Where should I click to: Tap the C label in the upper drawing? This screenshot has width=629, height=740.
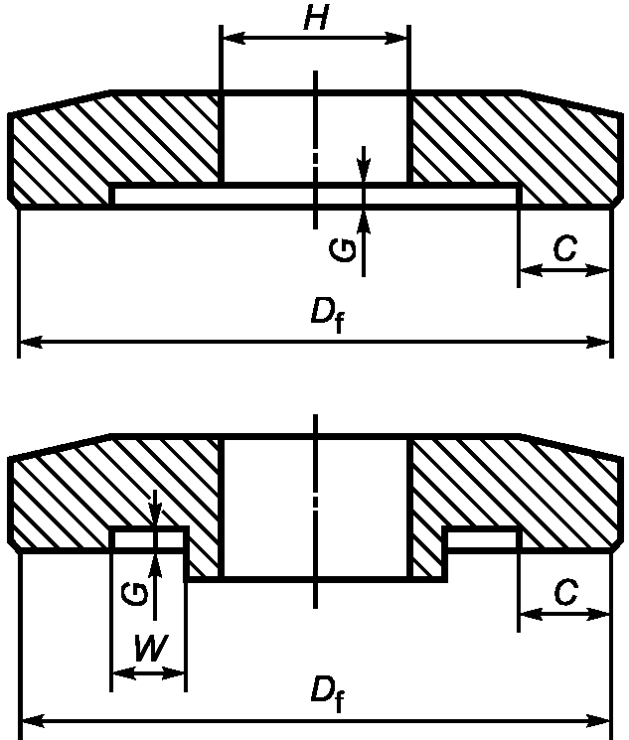click(x=564, y=249)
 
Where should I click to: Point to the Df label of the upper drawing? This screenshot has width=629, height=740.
click(x=327, y=315)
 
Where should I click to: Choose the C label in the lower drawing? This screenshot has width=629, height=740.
click(x=564, y=593)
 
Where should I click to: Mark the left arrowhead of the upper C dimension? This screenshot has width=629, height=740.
click(x=528, y=269)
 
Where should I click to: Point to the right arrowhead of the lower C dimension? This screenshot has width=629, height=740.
click(x=601, y=614)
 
